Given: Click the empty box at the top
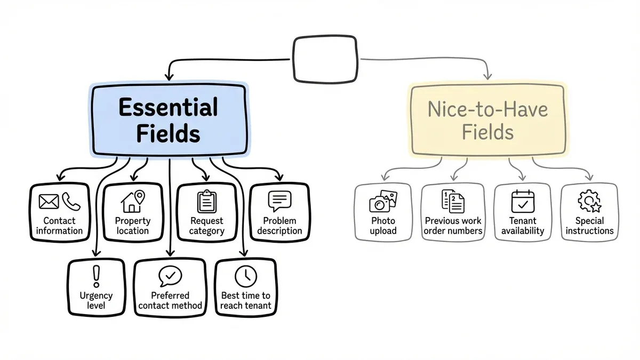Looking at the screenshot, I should pyautogui.click(x=325, y=59).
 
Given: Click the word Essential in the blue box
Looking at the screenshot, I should pyautogui.click(x=168, y=108).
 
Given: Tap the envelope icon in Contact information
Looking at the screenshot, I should pyautogui.click(x=49, y=201).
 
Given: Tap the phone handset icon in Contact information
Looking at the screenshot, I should pyautogui.click(x=70, y=201).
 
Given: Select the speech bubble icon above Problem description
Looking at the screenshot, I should pyautogui.click(x=280, y=202).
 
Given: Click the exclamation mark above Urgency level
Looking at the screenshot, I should pyautogui.click(x=96, y=276).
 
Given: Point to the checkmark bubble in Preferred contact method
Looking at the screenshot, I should pyautogui.click(x=170, y=276).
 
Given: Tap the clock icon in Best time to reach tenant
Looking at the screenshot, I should pyautogui.click(x=246, y=276).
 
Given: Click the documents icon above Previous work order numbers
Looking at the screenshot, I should pyautogui.click(x=453, y=201).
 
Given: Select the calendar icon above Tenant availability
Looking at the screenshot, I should pyautogui.click(x=522, y=202).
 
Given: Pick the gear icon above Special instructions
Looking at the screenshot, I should pyautogui.click(x=589, y=202).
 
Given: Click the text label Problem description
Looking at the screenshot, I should pyautogui.click(x=279, y=226).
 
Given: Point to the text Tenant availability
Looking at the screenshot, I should pyautogui.click(x=523, y=226).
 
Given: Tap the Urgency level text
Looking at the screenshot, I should pyautogui.click(x=96, y=300).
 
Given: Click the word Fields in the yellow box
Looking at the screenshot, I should pyautogui.click(x=487, y=132).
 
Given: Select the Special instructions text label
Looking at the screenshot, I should pyautogui.click(x=589, y=226).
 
